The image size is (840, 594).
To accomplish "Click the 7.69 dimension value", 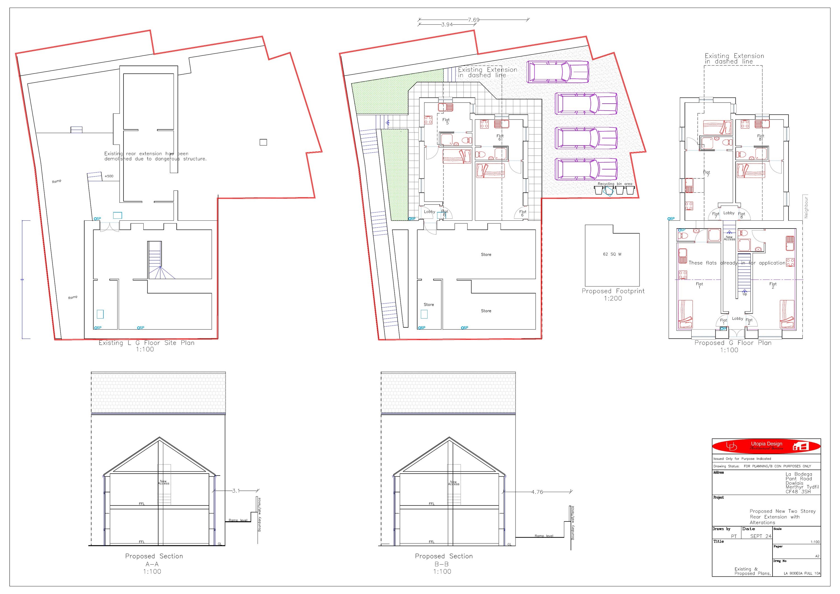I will point(473,20).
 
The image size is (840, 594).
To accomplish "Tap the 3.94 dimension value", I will point(447,25).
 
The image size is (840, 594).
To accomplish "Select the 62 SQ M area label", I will point(612,254).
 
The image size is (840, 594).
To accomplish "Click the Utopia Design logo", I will point(766,446).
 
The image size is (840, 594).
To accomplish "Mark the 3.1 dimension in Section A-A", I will point(236,491).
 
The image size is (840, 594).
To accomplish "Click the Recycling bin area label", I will point(615,184).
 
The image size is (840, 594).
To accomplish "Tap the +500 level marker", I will point(109,176).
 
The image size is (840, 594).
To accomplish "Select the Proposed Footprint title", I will point(613,291).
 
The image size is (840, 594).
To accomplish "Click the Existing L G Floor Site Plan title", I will point(146,343).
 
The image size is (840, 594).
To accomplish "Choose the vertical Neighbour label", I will point(806,208).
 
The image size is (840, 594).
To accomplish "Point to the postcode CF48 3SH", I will point(798,491).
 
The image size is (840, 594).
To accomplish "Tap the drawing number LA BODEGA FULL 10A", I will point(802,574).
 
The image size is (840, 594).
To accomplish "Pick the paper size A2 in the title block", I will point(817,556).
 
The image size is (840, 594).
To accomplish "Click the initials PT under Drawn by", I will point(734,536).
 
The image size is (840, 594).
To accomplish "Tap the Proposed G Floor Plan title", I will point(733,343).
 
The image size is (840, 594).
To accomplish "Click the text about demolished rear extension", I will point(155,156).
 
